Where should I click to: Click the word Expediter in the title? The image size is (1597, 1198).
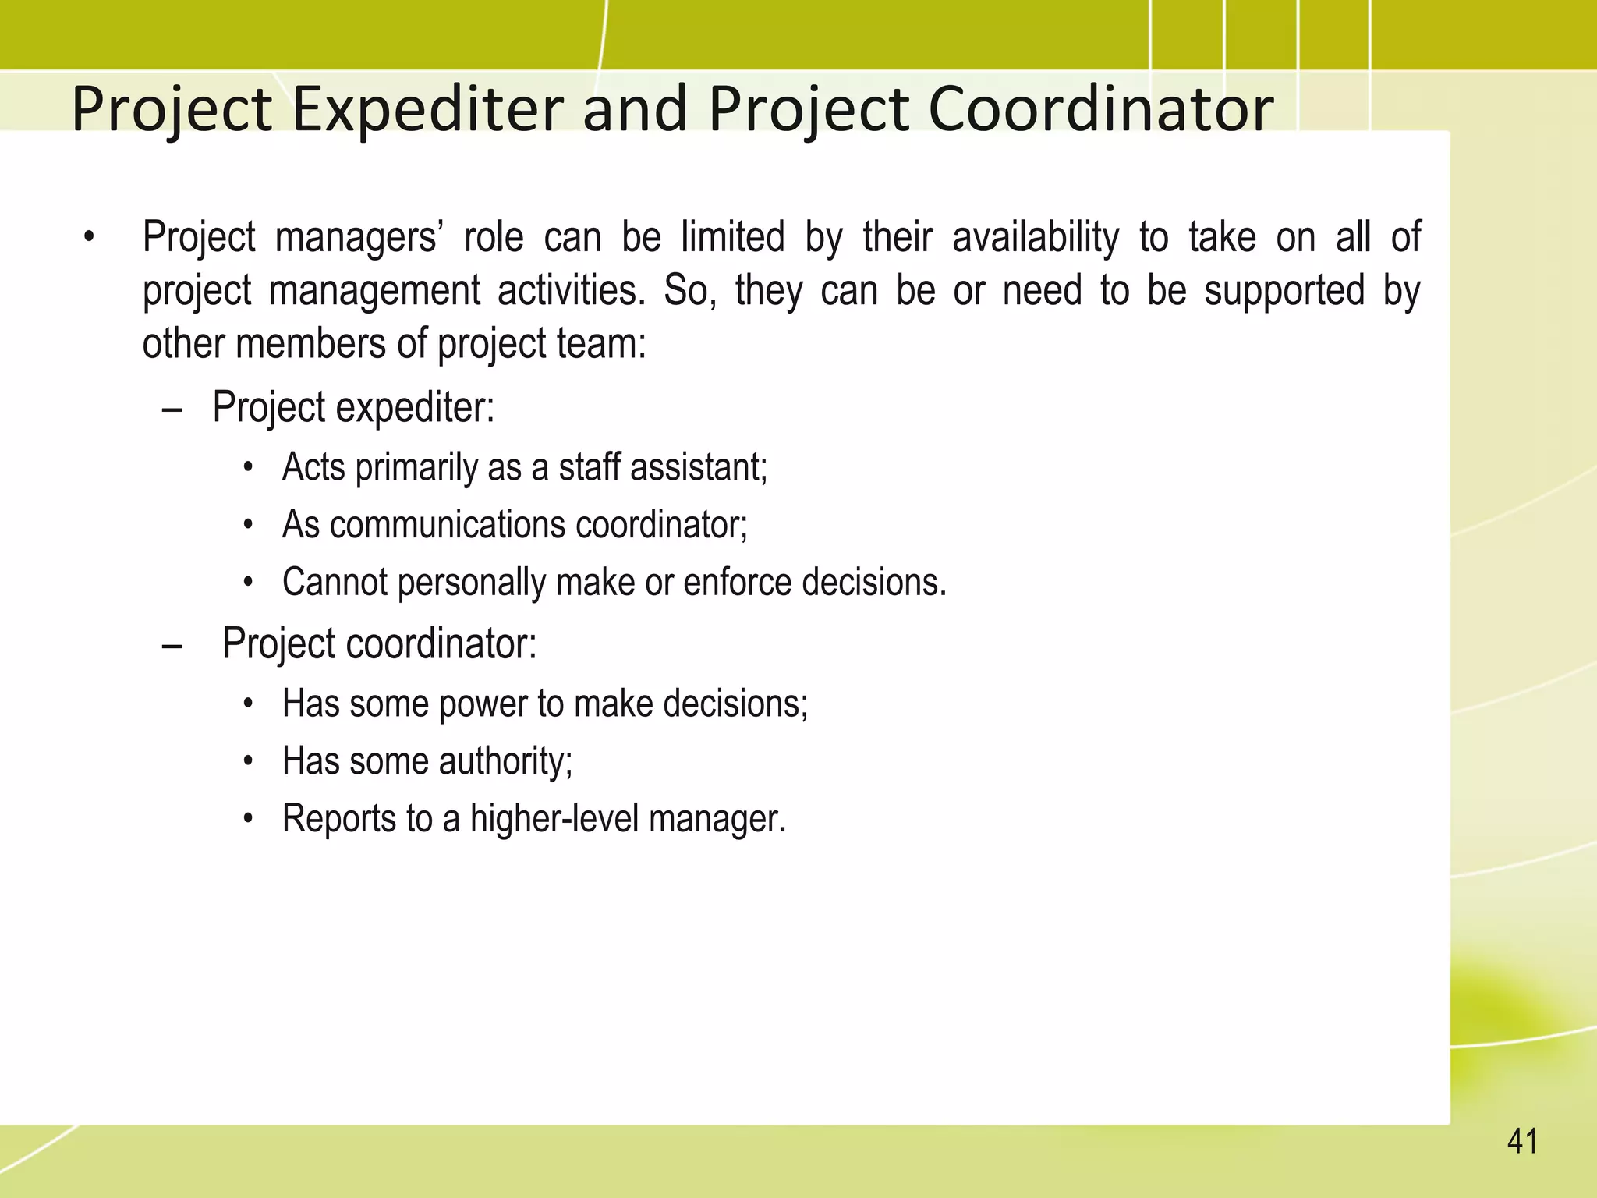click(427, 109)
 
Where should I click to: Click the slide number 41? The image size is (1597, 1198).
click(1522, 1142)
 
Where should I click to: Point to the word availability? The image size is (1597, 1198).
click(1036, 237)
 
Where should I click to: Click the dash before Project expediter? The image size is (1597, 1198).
click(172, 409)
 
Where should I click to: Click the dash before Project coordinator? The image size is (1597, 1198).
click(172, 646)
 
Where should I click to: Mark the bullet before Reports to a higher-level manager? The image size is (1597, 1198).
click(249, 820)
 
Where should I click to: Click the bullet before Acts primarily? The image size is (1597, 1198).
click(249, 468)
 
